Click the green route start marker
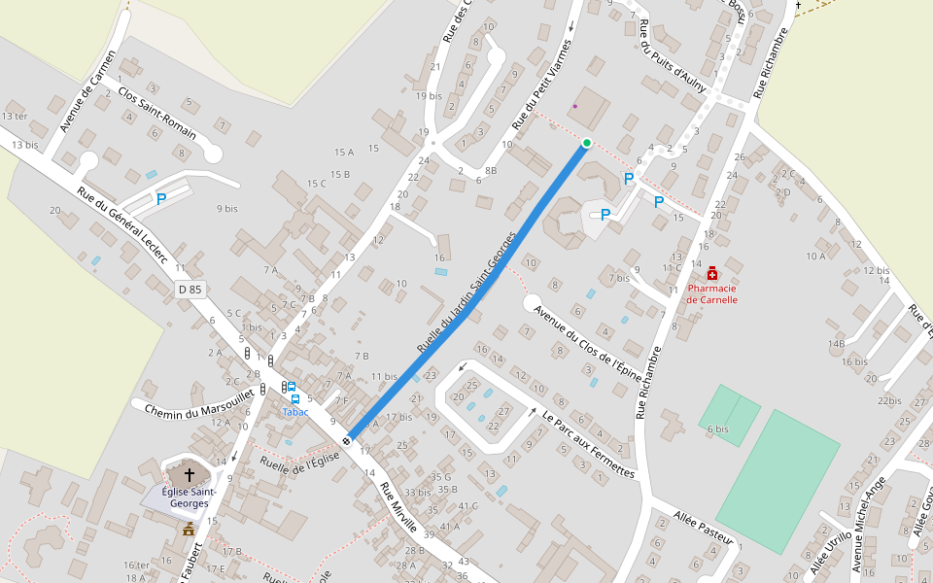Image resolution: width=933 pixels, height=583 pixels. pos(586,144)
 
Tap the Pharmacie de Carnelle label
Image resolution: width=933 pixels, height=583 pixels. pos(712,293)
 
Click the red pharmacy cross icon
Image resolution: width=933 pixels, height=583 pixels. pos(712,274)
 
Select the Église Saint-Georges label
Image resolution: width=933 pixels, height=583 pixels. pos(189,497)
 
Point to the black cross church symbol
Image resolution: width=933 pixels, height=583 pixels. pos(189,476)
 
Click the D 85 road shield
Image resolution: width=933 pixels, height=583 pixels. pos(190,290)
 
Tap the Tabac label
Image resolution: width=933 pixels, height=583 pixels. pos(295,412)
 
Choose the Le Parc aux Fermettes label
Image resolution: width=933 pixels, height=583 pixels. pos(589,446)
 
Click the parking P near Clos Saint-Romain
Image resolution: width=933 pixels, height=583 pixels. pos(161,199)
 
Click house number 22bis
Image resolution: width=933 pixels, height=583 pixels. pos(889,400)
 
